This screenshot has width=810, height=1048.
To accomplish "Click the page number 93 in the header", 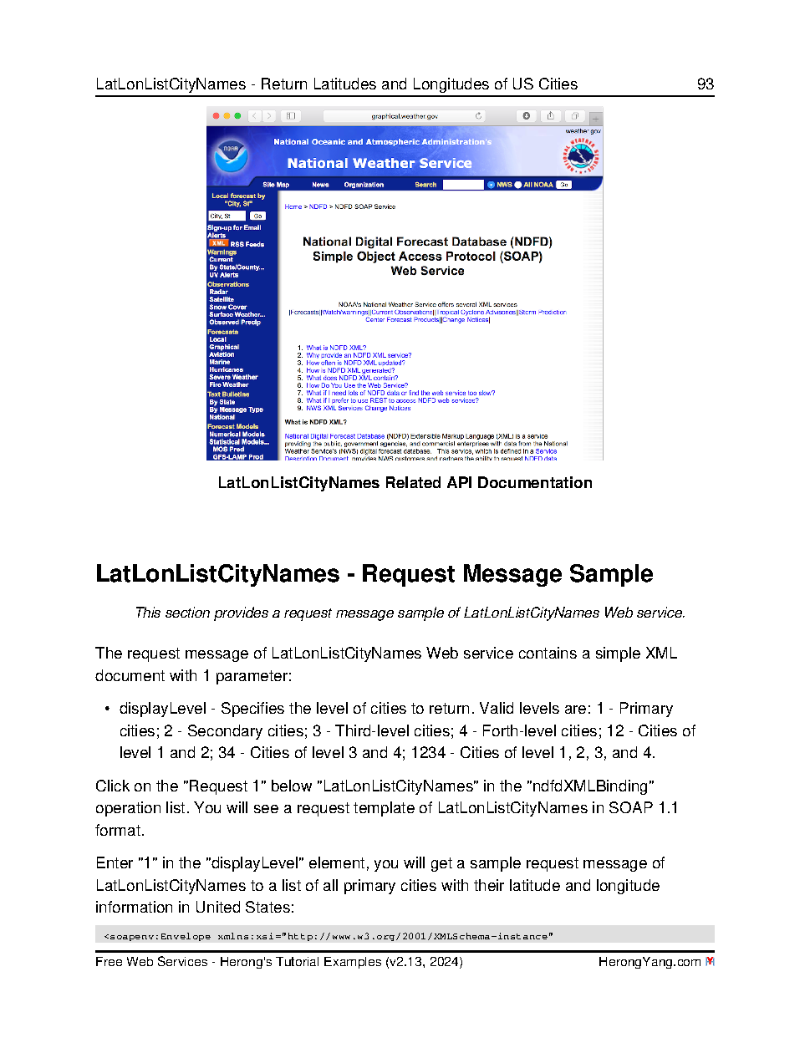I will coord(705,84).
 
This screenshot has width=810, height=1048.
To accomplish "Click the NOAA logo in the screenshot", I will coord(231,155).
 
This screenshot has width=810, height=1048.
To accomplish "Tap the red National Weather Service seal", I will coord(581,155).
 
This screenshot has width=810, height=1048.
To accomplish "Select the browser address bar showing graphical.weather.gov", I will coord(405,116).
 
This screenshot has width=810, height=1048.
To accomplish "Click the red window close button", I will coord(216,116).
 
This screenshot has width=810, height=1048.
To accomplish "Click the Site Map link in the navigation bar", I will coord(276,185).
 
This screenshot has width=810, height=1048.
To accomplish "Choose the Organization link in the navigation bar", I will coord(364,185).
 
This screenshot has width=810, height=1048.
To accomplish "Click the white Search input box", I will coord(462,185).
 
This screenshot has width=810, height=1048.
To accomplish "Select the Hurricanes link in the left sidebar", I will coord(226,369).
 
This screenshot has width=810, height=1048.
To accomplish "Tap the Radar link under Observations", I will coord(218,292).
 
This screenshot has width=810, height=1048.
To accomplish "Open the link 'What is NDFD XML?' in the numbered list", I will coord(336,348).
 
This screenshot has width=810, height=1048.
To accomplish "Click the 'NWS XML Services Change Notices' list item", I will coord(358,408).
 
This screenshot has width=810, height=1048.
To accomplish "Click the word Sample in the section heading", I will coord(611,574).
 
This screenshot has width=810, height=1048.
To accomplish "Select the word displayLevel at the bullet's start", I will coord(162,709).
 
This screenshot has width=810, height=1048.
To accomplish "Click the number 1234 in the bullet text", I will coord(428,753).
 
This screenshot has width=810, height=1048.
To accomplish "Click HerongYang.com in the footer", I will coord(649,962).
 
